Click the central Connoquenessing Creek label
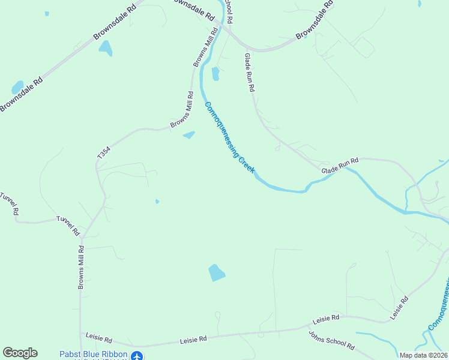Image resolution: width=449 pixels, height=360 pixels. tap(230, 137)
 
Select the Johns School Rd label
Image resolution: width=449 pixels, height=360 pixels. tap(331, 340)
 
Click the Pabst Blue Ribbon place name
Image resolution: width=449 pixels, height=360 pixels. tap(93, 354)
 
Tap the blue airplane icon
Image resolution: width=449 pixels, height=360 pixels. tap(138, 356)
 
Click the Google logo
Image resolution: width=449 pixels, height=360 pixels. tap(20, 353)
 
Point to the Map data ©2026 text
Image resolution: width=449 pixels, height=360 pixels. tap(423, 355)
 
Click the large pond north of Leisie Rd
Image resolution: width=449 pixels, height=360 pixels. tap(216, 273)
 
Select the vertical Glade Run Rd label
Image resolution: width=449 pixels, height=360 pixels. tap(250, 72)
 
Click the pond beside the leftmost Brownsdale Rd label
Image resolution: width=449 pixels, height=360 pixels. tap(17, 88)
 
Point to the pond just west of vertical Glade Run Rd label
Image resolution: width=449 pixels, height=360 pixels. tap(215, 74)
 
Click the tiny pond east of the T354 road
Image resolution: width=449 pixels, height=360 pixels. tap(157, 201)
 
